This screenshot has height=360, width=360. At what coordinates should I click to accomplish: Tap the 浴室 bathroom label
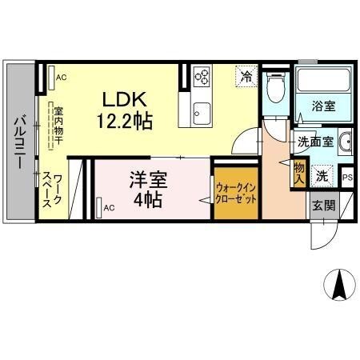[x=325, y=105]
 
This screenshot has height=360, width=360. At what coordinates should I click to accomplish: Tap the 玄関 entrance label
[x=323, y=205]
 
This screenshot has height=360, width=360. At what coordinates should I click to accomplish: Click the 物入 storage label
[x=298, y=171]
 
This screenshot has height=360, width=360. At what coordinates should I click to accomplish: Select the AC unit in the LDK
[x=58, y=78]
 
